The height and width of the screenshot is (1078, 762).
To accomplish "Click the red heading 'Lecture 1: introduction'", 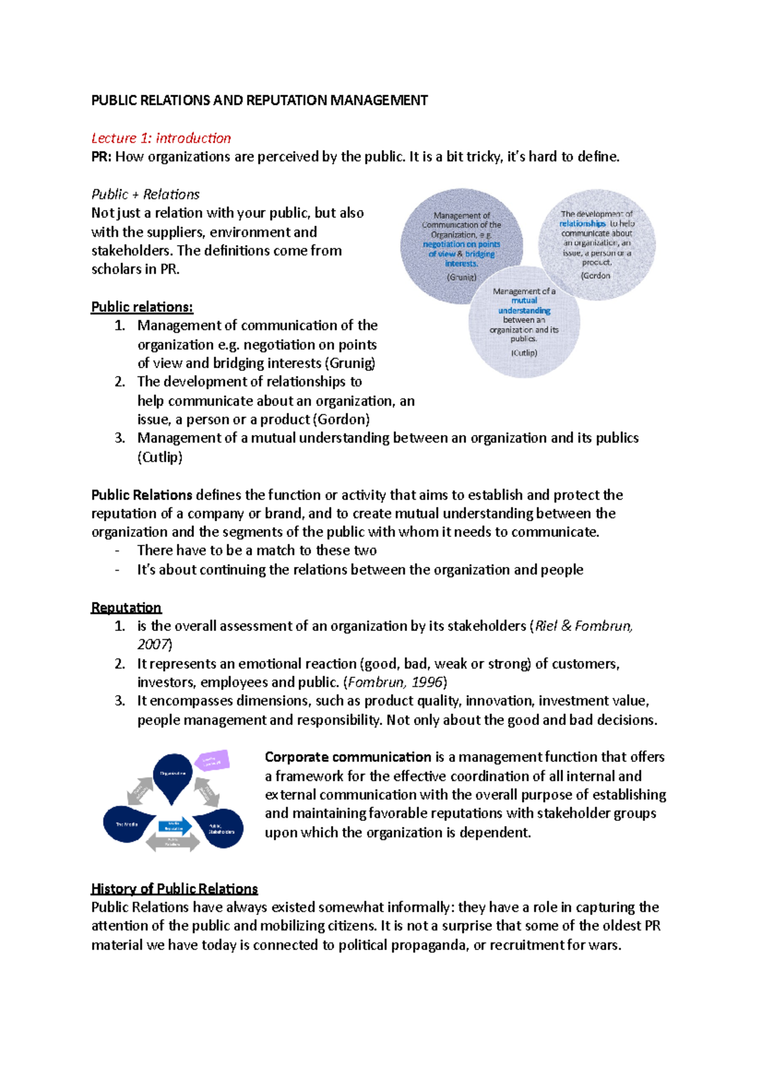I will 161,138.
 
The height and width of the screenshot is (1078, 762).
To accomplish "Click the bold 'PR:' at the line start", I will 101,157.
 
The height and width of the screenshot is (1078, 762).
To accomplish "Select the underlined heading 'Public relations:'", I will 142,307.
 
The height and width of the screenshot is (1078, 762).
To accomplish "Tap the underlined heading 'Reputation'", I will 126,608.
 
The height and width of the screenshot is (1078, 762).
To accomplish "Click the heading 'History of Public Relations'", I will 174,889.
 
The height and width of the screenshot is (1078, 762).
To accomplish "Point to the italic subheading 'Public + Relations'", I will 145,194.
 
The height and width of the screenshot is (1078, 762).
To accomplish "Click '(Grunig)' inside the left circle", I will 461,277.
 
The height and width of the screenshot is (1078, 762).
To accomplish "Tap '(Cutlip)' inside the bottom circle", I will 524,352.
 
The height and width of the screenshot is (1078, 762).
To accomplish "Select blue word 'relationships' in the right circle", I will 582,223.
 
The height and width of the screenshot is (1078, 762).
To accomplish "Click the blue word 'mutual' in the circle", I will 525,300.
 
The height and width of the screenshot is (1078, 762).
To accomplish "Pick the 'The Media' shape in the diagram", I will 128,824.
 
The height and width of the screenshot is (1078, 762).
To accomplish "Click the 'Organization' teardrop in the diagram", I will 173,775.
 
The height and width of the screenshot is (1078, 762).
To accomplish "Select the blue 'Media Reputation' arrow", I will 174,826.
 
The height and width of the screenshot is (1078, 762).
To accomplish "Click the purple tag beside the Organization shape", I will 211,761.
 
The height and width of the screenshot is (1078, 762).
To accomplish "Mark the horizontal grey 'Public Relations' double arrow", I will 173,842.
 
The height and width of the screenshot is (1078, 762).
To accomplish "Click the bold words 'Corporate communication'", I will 347,757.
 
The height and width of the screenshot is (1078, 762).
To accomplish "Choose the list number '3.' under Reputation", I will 120,701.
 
